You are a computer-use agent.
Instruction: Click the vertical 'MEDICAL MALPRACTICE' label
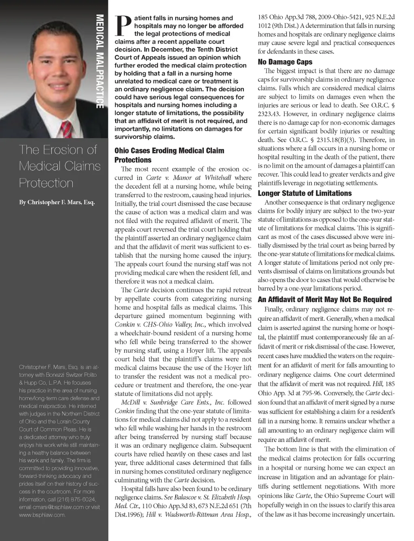100,61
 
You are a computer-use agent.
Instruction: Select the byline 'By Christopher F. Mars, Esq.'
57,202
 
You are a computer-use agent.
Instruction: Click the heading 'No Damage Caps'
285,62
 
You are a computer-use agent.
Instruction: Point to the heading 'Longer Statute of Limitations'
304,193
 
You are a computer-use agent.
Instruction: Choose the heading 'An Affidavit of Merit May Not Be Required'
325,299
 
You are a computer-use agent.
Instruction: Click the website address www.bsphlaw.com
42,515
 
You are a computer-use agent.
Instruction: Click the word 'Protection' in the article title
46,183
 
